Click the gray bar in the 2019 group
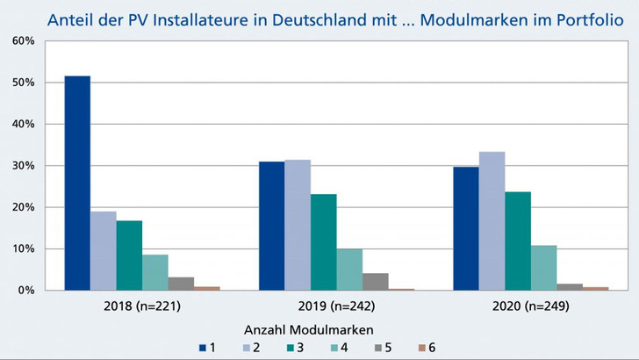[x=376, y=282]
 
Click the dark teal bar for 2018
[x=129, y=256]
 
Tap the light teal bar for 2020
[x=544, y=268]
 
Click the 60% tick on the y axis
[x=23, y=41]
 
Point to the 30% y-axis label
[x=23, y=166]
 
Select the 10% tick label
[x=23, y=249]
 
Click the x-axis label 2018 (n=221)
[x=142, y=307]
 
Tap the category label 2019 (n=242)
[x=336, y=307]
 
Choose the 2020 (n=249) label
[x=531, y=307]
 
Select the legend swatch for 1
[x=203, y=348]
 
